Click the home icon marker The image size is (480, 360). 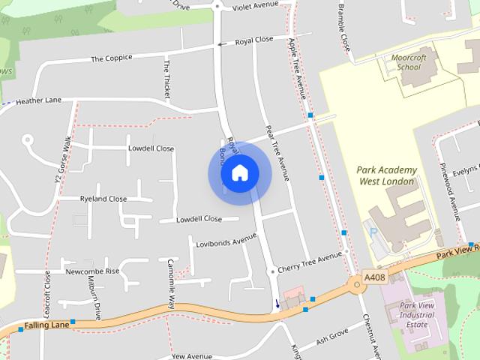point(239,172)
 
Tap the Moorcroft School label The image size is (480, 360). point(409,62)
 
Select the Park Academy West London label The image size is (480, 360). point(387,175)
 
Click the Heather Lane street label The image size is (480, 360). point(38,100)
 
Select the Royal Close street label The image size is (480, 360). point(254,40)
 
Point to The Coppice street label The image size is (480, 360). point(111,58)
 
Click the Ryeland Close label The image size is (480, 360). point(103,199)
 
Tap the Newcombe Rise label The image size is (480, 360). point(92,271)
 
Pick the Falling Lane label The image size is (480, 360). point(46,325)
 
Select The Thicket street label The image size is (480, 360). point(167,79)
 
